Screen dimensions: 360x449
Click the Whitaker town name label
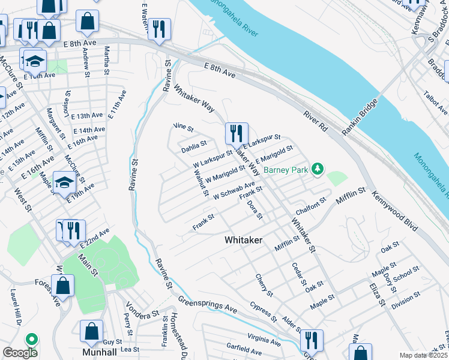(x=243, y=239)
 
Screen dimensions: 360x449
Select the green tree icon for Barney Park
(x=318, y=170)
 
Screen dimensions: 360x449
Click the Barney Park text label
(x=286, y=170)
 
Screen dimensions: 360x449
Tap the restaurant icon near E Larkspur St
(x=237, y=134)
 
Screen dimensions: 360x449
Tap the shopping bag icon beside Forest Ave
(x=63, y=287)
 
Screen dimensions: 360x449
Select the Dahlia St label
(x=194, y=145)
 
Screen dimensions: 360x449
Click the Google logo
(x=20, y=353)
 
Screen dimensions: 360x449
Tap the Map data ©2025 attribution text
(x=423, y=355)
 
